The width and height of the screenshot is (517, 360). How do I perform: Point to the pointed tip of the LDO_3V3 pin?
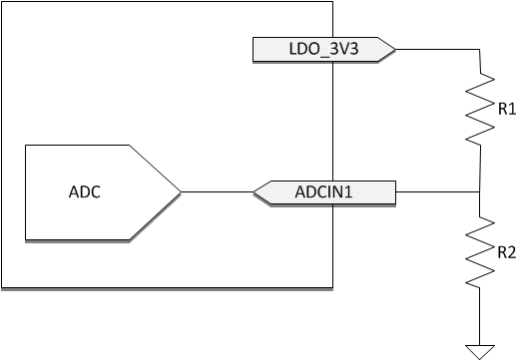[x=395, y=48]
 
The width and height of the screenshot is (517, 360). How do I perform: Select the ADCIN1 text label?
[x=323, y=190]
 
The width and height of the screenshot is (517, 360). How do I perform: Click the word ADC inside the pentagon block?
[x=85, y=191]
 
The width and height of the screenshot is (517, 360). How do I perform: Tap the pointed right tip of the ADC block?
[x=180, y=191]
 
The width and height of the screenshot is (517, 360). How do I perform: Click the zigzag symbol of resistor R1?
[x=482, y=109]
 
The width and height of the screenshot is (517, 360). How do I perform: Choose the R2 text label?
[x=506, y=252]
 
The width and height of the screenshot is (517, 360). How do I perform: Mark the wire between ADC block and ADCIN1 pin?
[x=218, y=191]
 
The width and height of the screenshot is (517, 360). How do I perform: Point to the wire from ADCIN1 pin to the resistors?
[x=439, y=191]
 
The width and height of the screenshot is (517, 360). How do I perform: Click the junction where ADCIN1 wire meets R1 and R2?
[x=481, y=191]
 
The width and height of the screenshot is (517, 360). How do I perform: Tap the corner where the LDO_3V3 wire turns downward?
[x=481, y=48]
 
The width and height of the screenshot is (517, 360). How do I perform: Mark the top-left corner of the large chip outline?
[x=2, y=2]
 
